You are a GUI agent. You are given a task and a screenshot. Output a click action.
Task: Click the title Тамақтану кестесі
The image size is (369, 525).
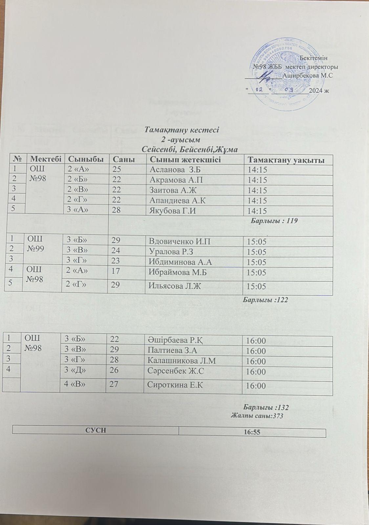(x=182, y=130)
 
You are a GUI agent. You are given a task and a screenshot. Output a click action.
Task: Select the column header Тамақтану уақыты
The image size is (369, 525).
(x=286, y=160)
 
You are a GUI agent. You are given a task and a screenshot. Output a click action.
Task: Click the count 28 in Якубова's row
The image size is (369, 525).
(x=116, y=211)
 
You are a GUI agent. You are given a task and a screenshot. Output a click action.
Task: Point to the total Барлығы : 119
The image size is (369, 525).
(x=274, y=221)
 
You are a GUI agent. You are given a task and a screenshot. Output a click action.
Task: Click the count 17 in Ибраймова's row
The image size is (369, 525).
(x=116, y=272)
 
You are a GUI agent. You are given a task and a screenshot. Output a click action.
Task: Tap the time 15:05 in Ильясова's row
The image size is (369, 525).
(x=257, y=286)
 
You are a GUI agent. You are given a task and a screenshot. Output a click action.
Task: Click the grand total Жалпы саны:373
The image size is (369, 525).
(x=257, y=415)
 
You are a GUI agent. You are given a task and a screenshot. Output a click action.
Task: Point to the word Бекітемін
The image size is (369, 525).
(x=314, y=58)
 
